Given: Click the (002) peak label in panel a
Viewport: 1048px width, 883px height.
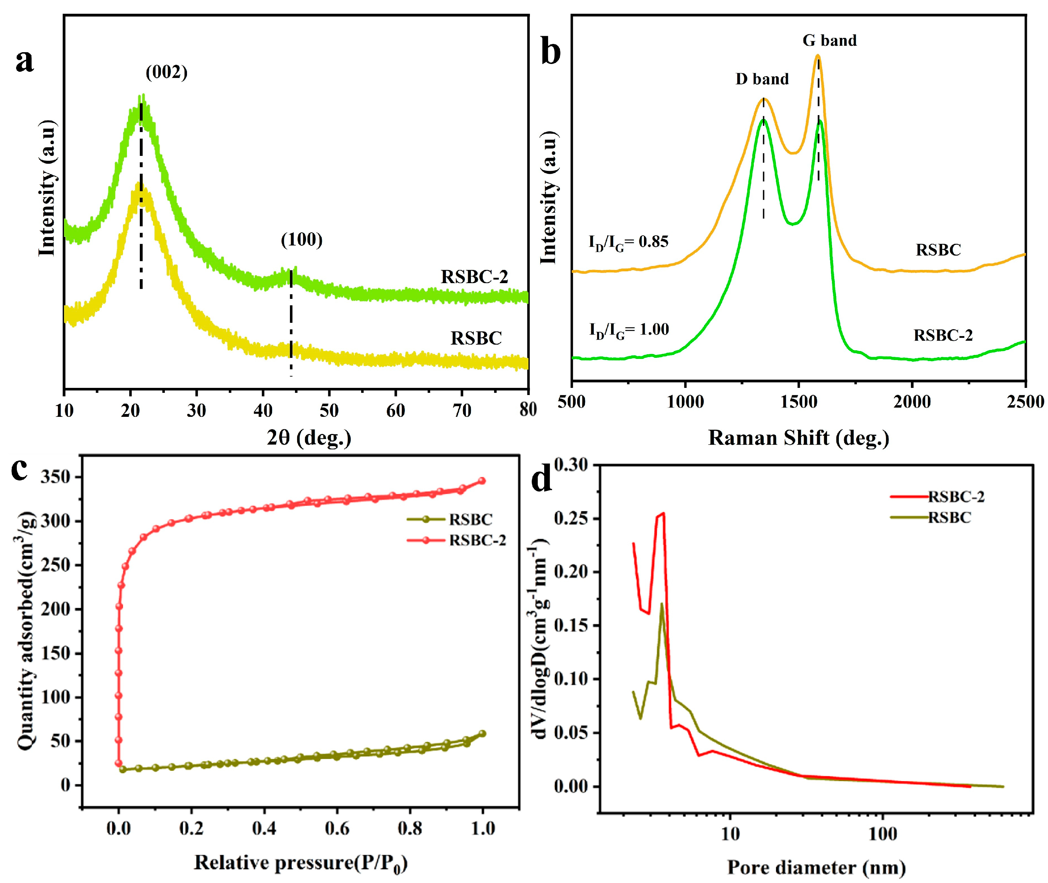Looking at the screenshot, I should click(166, 73).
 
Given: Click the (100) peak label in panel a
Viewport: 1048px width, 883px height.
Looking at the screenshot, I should click(301, 240).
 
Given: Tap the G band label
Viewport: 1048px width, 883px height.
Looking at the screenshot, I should click(829, 40).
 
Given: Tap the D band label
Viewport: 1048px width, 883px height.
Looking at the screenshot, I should click(762, 79).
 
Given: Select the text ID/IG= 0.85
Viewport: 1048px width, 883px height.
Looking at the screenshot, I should click(628, 242).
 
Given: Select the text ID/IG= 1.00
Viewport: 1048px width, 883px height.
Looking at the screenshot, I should click(629, 330).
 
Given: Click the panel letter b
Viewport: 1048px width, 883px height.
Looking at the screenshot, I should click(551, 53).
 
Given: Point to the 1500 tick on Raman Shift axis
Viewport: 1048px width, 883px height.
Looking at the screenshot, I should click(799, 402).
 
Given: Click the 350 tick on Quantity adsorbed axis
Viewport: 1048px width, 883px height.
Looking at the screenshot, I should click(55, 477).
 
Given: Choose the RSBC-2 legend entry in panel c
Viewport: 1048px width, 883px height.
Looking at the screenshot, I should click(477, 541).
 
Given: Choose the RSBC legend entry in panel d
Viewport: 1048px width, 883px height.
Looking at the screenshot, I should click(949, 518).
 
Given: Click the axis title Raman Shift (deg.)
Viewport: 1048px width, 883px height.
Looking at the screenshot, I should click(799, 438).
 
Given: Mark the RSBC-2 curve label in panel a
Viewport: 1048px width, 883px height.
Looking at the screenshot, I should click(474, 277).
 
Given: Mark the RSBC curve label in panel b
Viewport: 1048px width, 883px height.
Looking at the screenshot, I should click(938, 250).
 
